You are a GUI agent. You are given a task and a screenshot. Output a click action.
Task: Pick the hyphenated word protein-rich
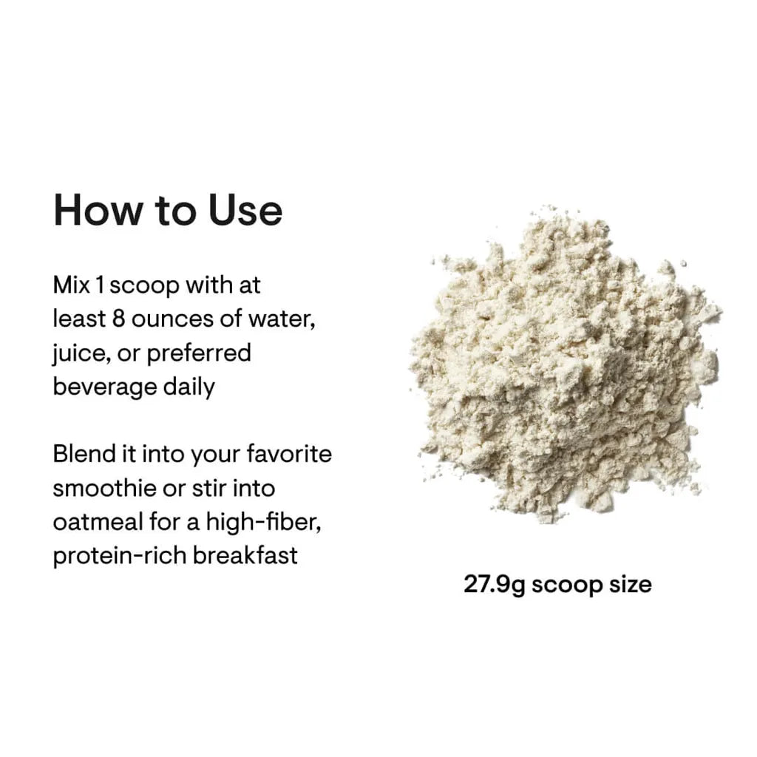[x=119, y=556]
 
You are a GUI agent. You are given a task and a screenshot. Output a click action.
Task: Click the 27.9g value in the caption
[x=495, y=585]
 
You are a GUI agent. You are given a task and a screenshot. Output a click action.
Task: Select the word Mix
[x=72, y=285]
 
